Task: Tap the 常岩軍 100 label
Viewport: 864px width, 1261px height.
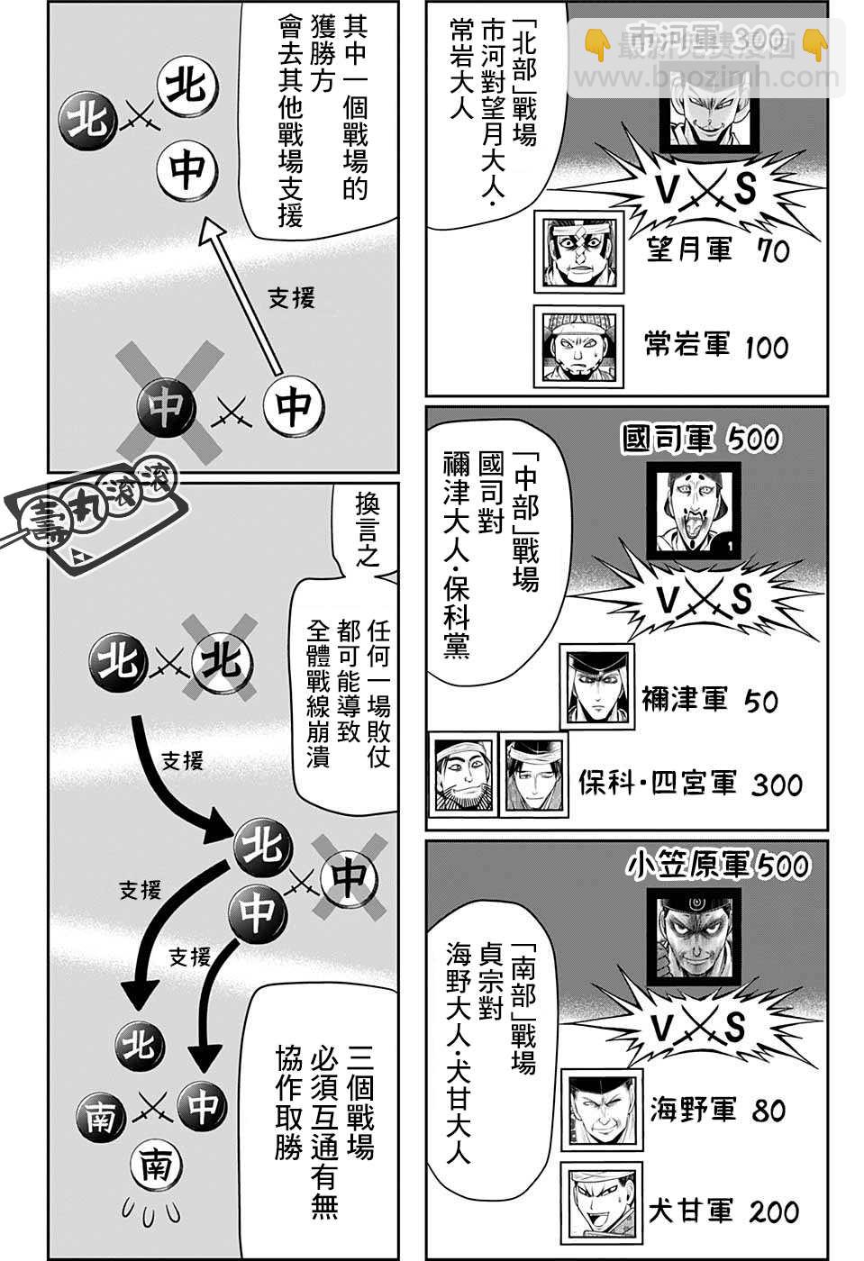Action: click(715, 344)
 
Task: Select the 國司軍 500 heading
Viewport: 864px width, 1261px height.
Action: click(701, 440)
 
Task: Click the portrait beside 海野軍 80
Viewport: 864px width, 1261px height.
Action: click(595, 1110)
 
